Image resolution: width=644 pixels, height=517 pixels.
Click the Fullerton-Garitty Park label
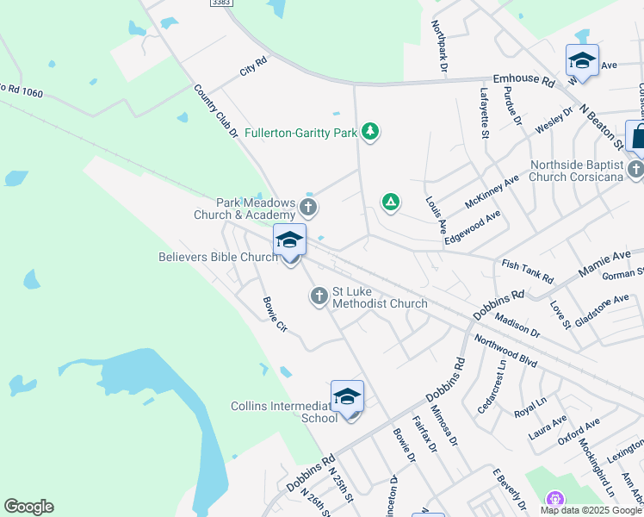300,133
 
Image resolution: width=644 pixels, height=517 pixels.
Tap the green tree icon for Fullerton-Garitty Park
370,131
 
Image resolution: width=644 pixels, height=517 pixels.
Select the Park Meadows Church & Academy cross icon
308,208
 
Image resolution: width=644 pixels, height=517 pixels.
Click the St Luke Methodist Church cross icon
319,296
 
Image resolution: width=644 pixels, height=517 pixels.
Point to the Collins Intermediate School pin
347,398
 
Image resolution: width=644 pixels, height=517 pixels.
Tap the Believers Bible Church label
219,257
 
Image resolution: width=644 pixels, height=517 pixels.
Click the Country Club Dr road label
215,111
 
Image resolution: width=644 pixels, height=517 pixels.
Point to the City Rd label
254,65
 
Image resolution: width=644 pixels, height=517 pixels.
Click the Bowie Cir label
274,315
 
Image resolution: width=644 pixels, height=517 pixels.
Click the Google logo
28,507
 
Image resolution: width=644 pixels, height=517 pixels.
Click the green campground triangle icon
391,202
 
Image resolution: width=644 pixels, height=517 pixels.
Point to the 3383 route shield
220,3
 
